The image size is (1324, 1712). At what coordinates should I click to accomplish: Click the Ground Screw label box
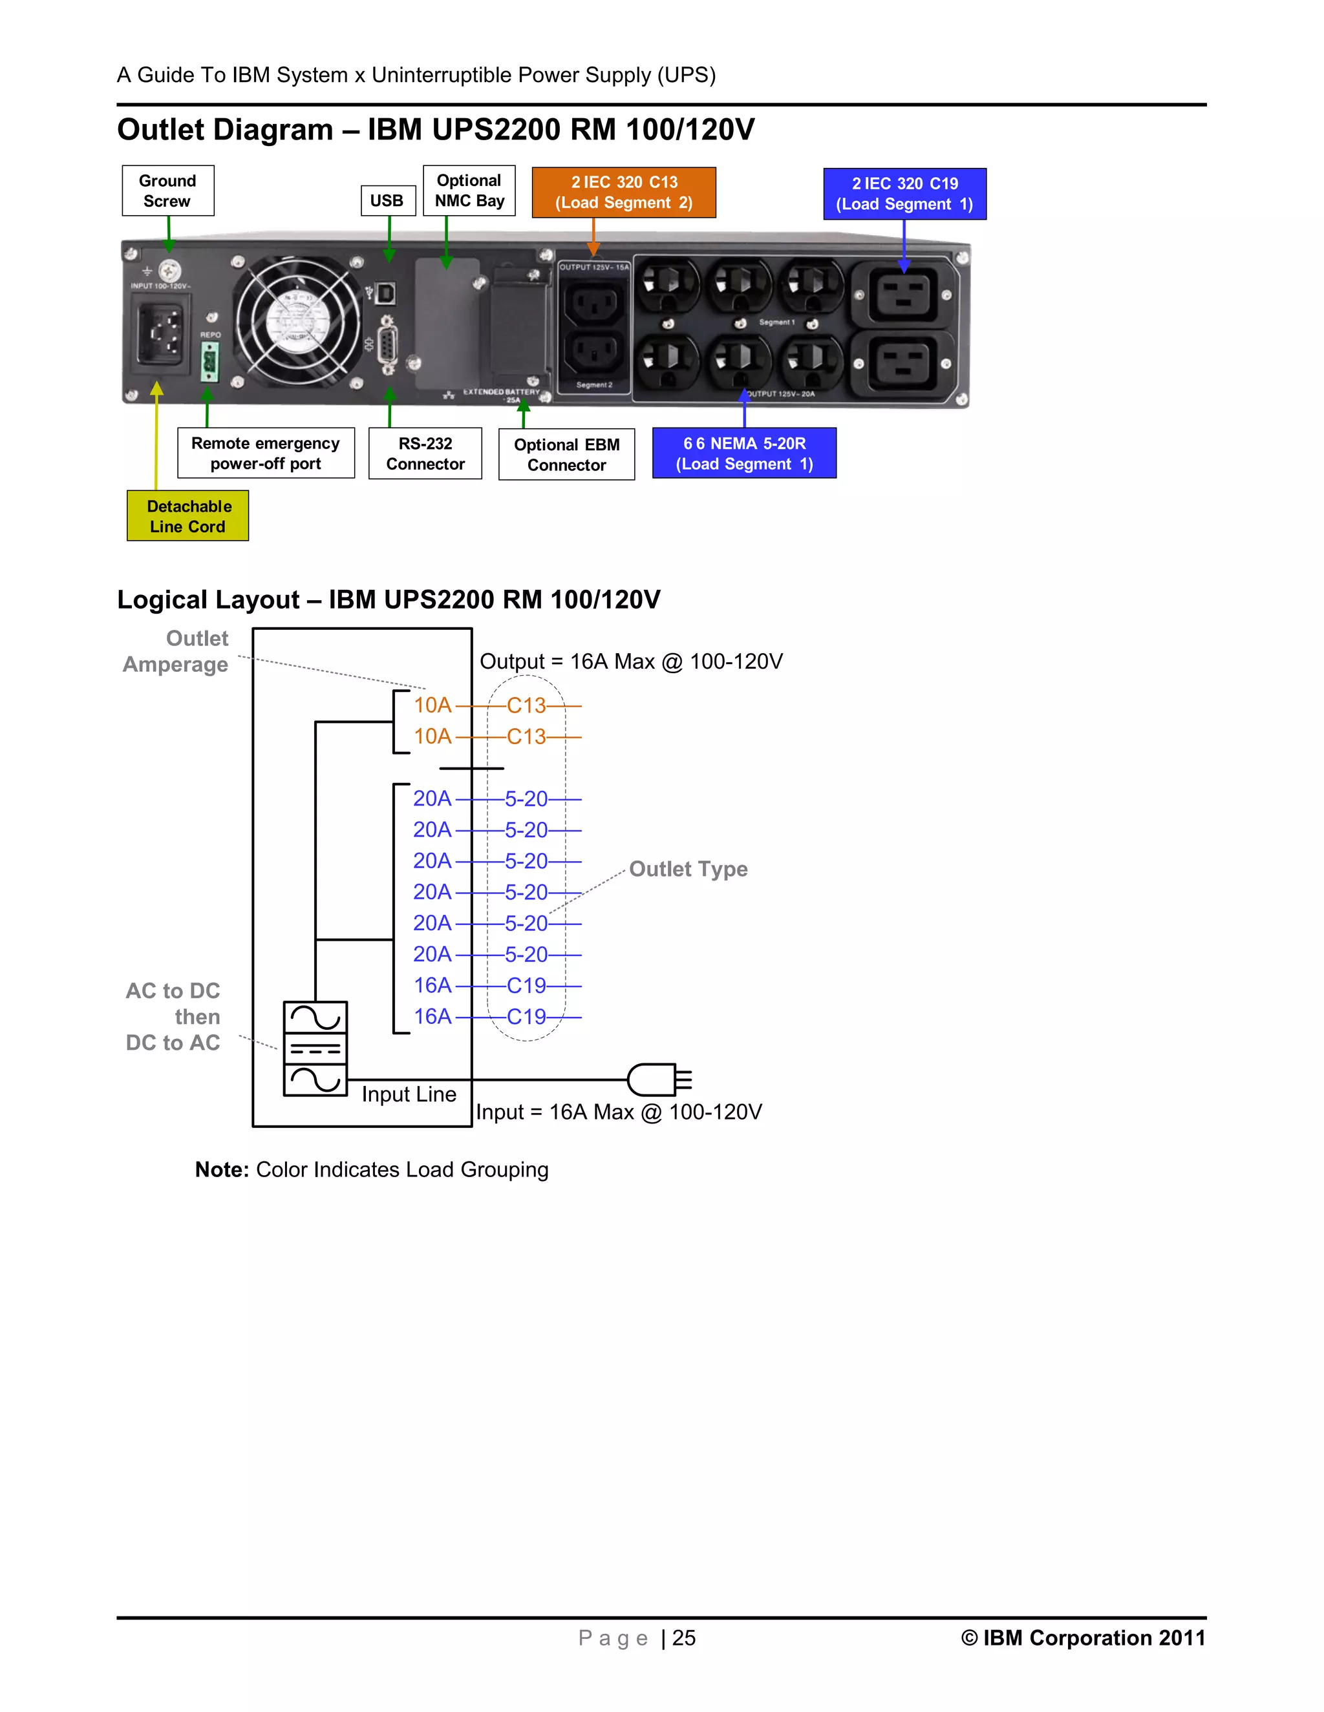click(168, 191)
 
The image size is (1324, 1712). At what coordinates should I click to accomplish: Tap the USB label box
click(387, 201)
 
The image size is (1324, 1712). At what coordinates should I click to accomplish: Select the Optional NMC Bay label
click(469, 191)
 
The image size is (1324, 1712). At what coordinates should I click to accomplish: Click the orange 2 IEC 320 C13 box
click(624, 193)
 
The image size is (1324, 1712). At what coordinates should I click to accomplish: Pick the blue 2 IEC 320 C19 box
click(904, 194)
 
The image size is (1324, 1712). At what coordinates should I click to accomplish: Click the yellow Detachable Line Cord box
click(188, 516)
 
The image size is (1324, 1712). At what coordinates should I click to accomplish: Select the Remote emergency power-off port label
click(266, 453)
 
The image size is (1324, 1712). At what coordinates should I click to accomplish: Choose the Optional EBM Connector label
click(566, 454)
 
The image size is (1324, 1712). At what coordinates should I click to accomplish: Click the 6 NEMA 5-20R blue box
click(744, 453)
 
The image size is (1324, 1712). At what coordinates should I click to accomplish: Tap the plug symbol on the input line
click(659, 1080)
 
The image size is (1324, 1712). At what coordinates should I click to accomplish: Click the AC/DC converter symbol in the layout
click(315, 1048)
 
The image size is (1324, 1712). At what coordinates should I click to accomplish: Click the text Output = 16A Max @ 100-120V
click(630, 662)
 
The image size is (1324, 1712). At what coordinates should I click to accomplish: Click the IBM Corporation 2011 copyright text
click(1082, 1638)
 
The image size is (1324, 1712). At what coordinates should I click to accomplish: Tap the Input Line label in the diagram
click(409, 1094)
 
